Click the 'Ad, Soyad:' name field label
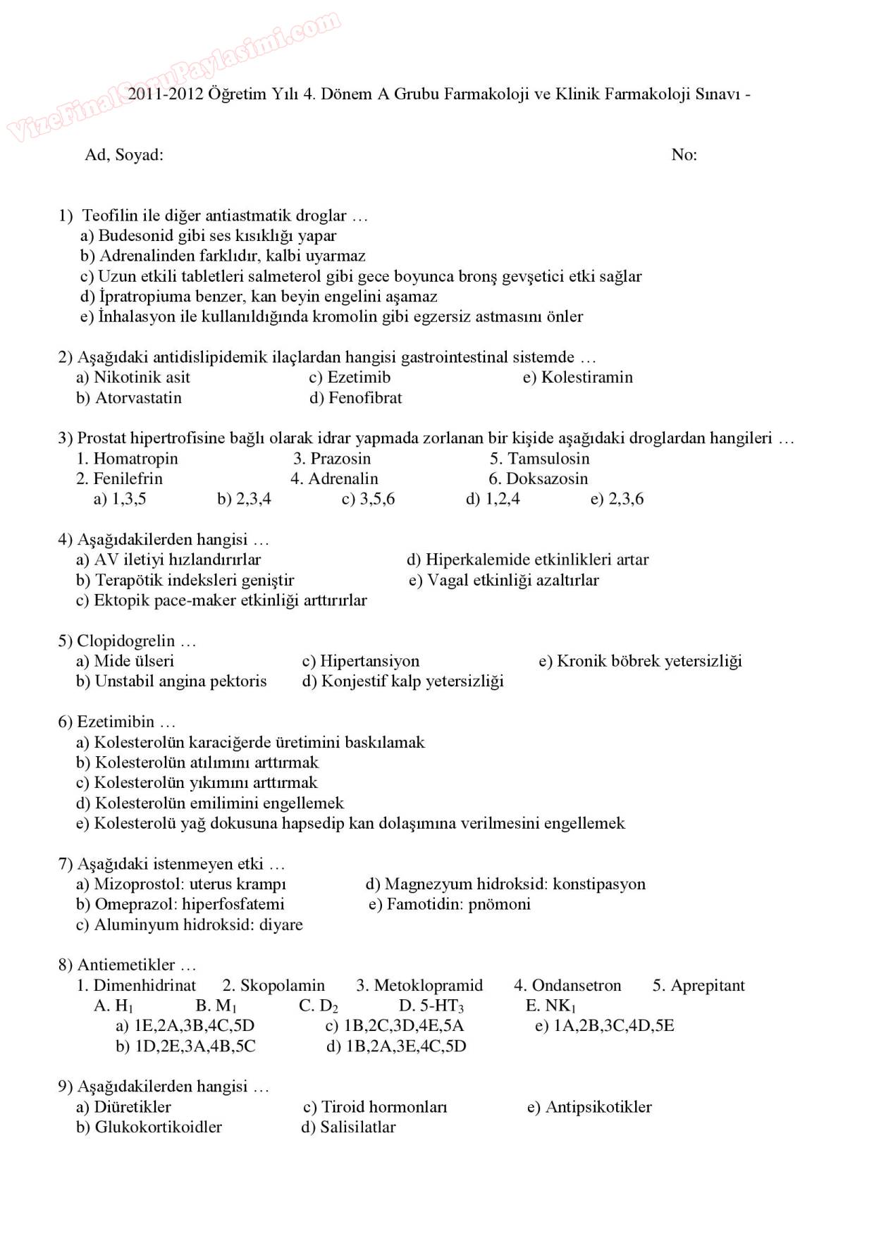pos(124,155)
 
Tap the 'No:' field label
pos(684,155)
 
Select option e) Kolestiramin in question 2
pos(577,378)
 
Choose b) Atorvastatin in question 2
pos(129,398)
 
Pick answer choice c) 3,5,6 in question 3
pos(368,500)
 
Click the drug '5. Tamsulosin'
pos(539,459)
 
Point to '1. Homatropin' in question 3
pos(127,459)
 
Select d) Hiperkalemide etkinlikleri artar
pos(527,560)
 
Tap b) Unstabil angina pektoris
pos(171,681)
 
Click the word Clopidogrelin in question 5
pos(125,641)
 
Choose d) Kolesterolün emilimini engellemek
pos(210,803)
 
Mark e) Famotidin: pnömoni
pos(449,905)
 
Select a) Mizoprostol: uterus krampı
pos(181,884)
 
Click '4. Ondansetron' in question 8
pos(567,986)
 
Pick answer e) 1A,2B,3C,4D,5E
pos(604,1026)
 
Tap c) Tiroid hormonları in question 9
pos(375,1107)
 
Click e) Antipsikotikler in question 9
pos(589,1107)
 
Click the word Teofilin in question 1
pos(109,216)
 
